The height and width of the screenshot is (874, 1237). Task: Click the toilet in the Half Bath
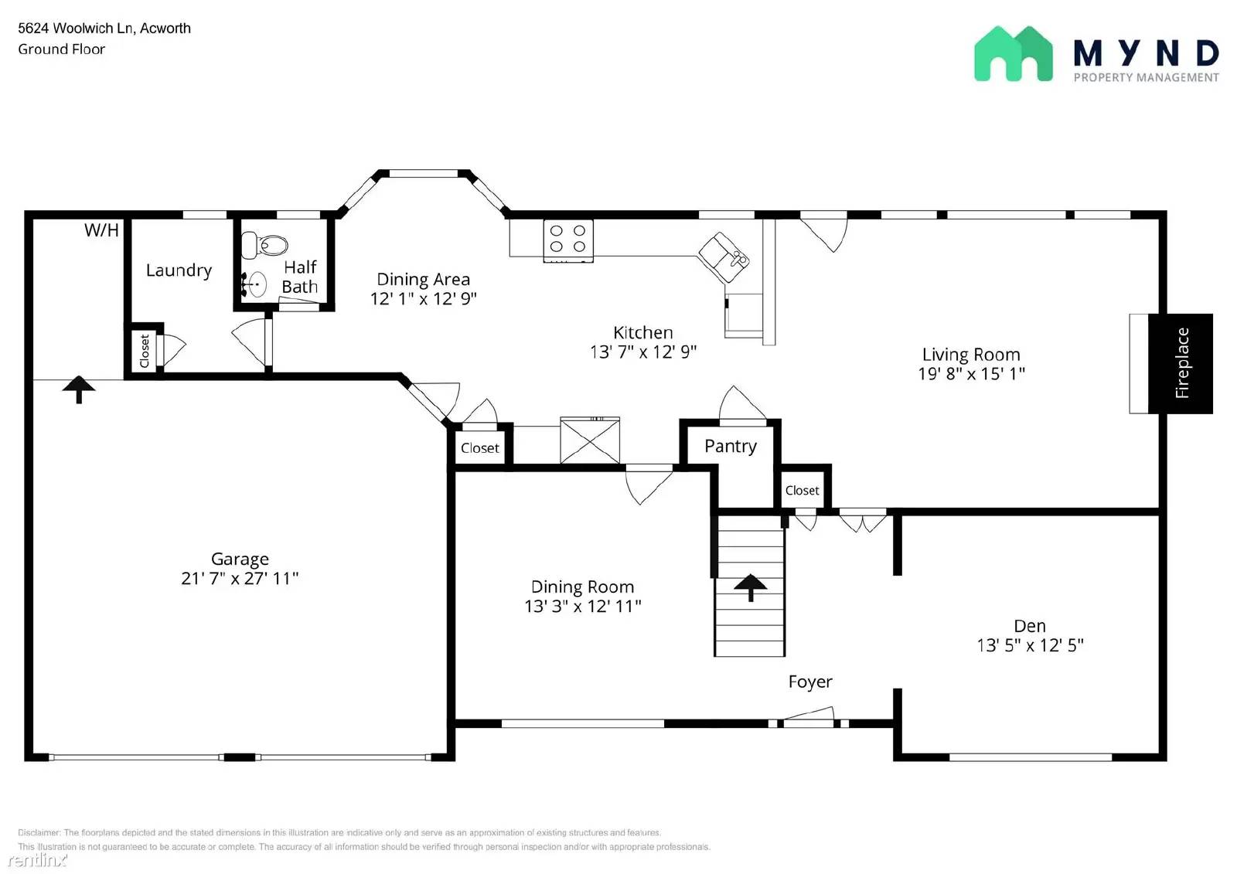click(263, 246)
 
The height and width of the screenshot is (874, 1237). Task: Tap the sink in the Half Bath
click(256, 284)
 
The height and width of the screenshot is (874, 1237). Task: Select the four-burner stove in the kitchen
click(568, 239)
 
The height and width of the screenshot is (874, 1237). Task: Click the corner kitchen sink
click(724, 257)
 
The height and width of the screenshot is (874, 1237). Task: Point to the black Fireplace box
click(1181, 363)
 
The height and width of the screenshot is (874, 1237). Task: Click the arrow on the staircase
click(750, 587)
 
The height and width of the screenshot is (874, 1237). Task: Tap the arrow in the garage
click(79, 389)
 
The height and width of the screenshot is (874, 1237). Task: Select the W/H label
click(101, 230)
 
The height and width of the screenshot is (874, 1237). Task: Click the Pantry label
click(731, 447)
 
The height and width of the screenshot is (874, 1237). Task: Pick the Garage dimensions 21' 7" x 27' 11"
click(240, 578)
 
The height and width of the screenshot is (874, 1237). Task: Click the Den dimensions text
click(1030, 645)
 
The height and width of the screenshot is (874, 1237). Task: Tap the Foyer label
click(810, 682)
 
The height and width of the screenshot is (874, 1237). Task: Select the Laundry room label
click(179, 270)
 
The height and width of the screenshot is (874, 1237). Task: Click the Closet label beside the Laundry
click(145, 351)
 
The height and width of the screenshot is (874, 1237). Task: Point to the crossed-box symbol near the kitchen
click(590, 441)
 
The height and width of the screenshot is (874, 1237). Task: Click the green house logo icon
click(1013, 54)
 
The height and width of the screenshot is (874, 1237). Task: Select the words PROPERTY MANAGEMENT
click(1146, 77)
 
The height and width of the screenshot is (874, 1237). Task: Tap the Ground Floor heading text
click(62, 49)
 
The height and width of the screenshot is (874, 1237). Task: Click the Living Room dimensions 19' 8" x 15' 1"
click(971, 374)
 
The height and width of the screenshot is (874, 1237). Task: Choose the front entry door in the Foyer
click(809, 718)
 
